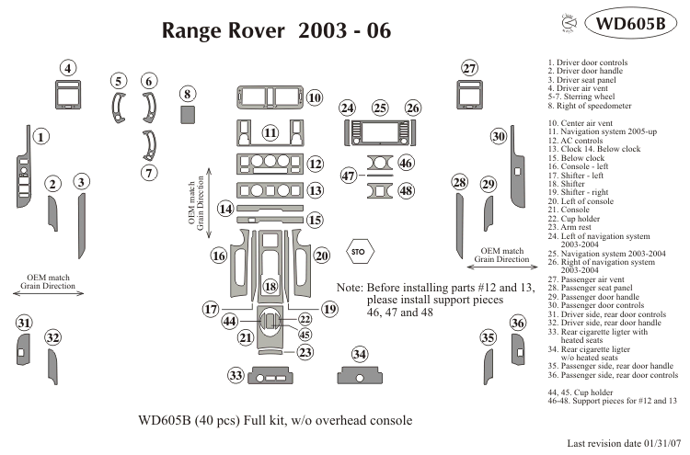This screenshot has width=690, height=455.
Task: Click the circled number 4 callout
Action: pyautogui.click(x=69, y=68)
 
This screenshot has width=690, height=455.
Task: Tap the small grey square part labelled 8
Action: pyautogui.click(x=188, y=114)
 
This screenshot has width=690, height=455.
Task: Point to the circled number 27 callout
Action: pyautogui.click(x=469, y=69)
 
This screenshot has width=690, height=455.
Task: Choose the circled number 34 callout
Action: pyautogui.click(x=360, y=355)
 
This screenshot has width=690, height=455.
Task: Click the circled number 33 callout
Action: pyautogui.click(x=236, y=375)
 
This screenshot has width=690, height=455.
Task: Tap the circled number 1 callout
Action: pyautogui.click(x=41, y=135)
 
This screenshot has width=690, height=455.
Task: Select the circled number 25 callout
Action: pyautogui.click(x=380, y=108)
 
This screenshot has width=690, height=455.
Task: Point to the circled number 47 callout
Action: pyautogui.click(x=349, y=176)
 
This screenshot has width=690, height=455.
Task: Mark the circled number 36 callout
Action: pyautogui.click(x=518, y=323)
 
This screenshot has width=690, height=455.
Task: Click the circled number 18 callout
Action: pyautogui.click(x=270, y=286)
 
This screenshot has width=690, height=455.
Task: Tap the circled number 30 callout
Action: pyautogui.click(x=498, y=136)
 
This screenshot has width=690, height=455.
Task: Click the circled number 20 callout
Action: pyautogui.click(x=321, y=256)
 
